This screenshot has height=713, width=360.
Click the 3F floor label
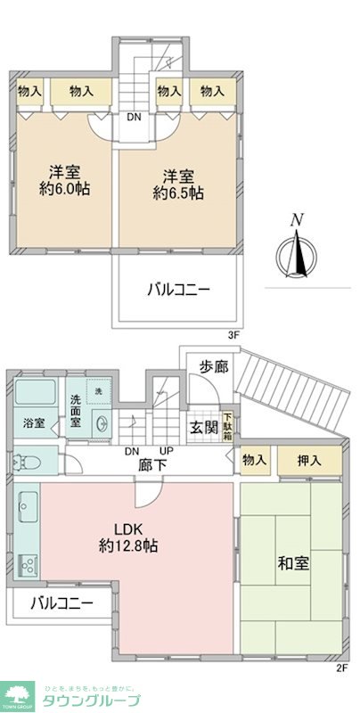tap(234, 334)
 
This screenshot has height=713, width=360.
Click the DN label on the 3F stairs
tap(133, 116)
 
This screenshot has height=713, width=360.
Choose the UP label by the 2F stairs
tap(167, 451)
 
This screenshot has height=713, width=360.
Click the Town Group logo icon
tap(19, 693)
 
